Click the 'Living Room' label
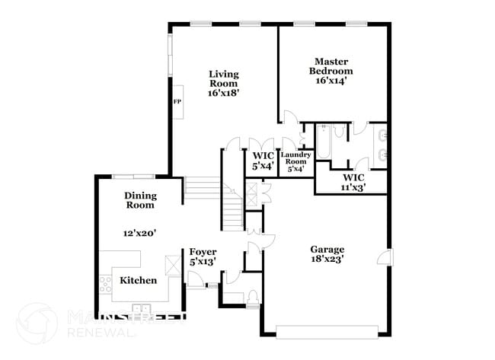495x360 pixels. click(x=224, y=78)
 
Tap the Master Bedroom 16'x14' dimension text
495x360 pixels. click(x=331, y=81)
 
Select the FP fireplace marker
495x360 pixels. click(x=177, y=102)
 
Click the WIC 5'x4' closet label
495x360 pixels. click(x=263, y=160)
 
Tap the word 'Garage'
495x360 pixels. click(x=327, y=249)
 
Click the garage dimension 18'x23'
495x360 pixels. click(x=327, y=260)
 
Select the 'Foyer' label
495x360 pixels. click(x=203, y=252)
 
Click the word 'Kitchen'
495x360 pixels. click(x=138, y=280)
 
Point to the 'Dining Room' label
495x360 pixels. click(x=139, y=199)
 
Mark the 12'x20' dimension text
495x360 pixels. click(x=139, y=234)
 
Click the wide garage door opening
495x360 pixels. click(x=327, y=332)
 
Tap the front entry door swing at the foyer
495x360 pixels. click(x=196, y=284)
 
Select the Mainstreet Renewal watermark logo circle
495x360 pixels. click(x=36, y=322)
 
